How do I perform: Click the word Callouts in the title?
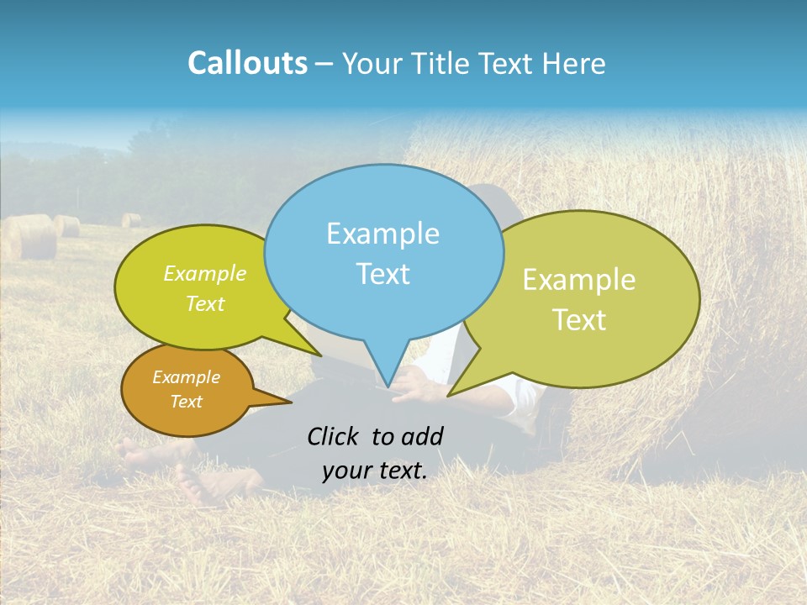coord(247,63)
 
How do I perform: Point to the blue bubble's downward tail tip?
coord(387,386)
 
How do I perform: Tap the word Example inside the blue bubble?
coord(382,234)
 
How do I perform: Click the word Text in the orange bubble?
coord(186,402)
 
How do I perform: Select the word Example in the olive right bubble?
coord(579,280)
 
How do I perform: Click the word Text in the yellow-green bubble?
coord(204,303)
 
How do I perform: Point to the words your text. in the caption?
coord(375,471)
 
